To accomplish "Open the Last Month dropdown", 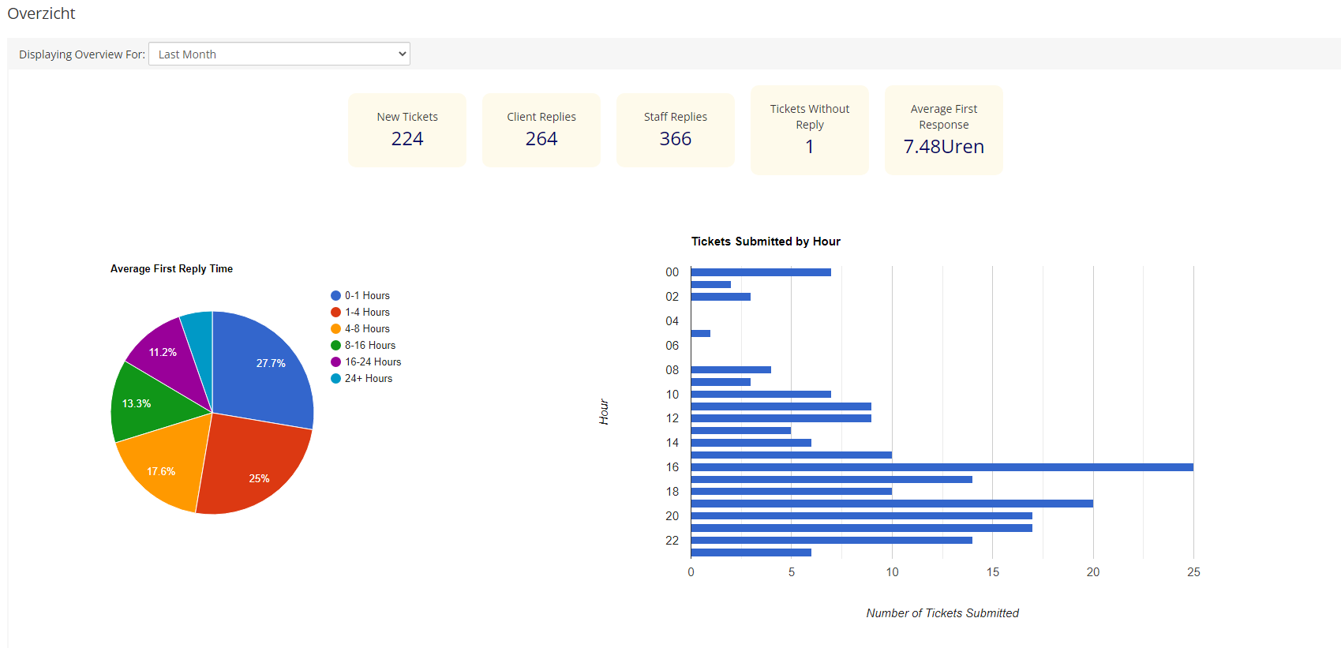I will tap(279, 54).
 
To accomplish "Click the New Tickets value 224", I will tap(407, 139).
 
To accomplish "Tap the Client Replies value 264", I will tap(541, 139).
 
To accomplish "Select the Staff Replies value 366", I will tap(676, 139).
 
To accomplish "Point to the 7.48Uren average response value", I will tap(943, 147).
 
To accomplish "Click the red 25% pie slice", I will tap(253, 466).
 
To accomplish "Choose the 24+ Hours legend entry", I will tap(367, 379).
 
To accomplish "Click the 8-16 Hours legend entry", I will tap(369, 346).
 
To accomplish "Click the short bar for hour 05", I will tap(700, 333).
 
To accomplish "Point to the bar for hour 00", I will tap(760, 272).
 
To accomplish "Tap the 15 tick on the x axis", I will tap(992, 572).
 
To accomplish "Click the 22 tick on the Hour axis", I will tap(672, 541).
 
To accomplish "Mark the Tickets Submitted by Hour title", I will tap(766, 242).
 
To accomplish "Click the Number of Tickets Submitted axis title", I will tap(942, 613).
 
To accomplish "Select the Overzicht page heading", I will tap(41, 13).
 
